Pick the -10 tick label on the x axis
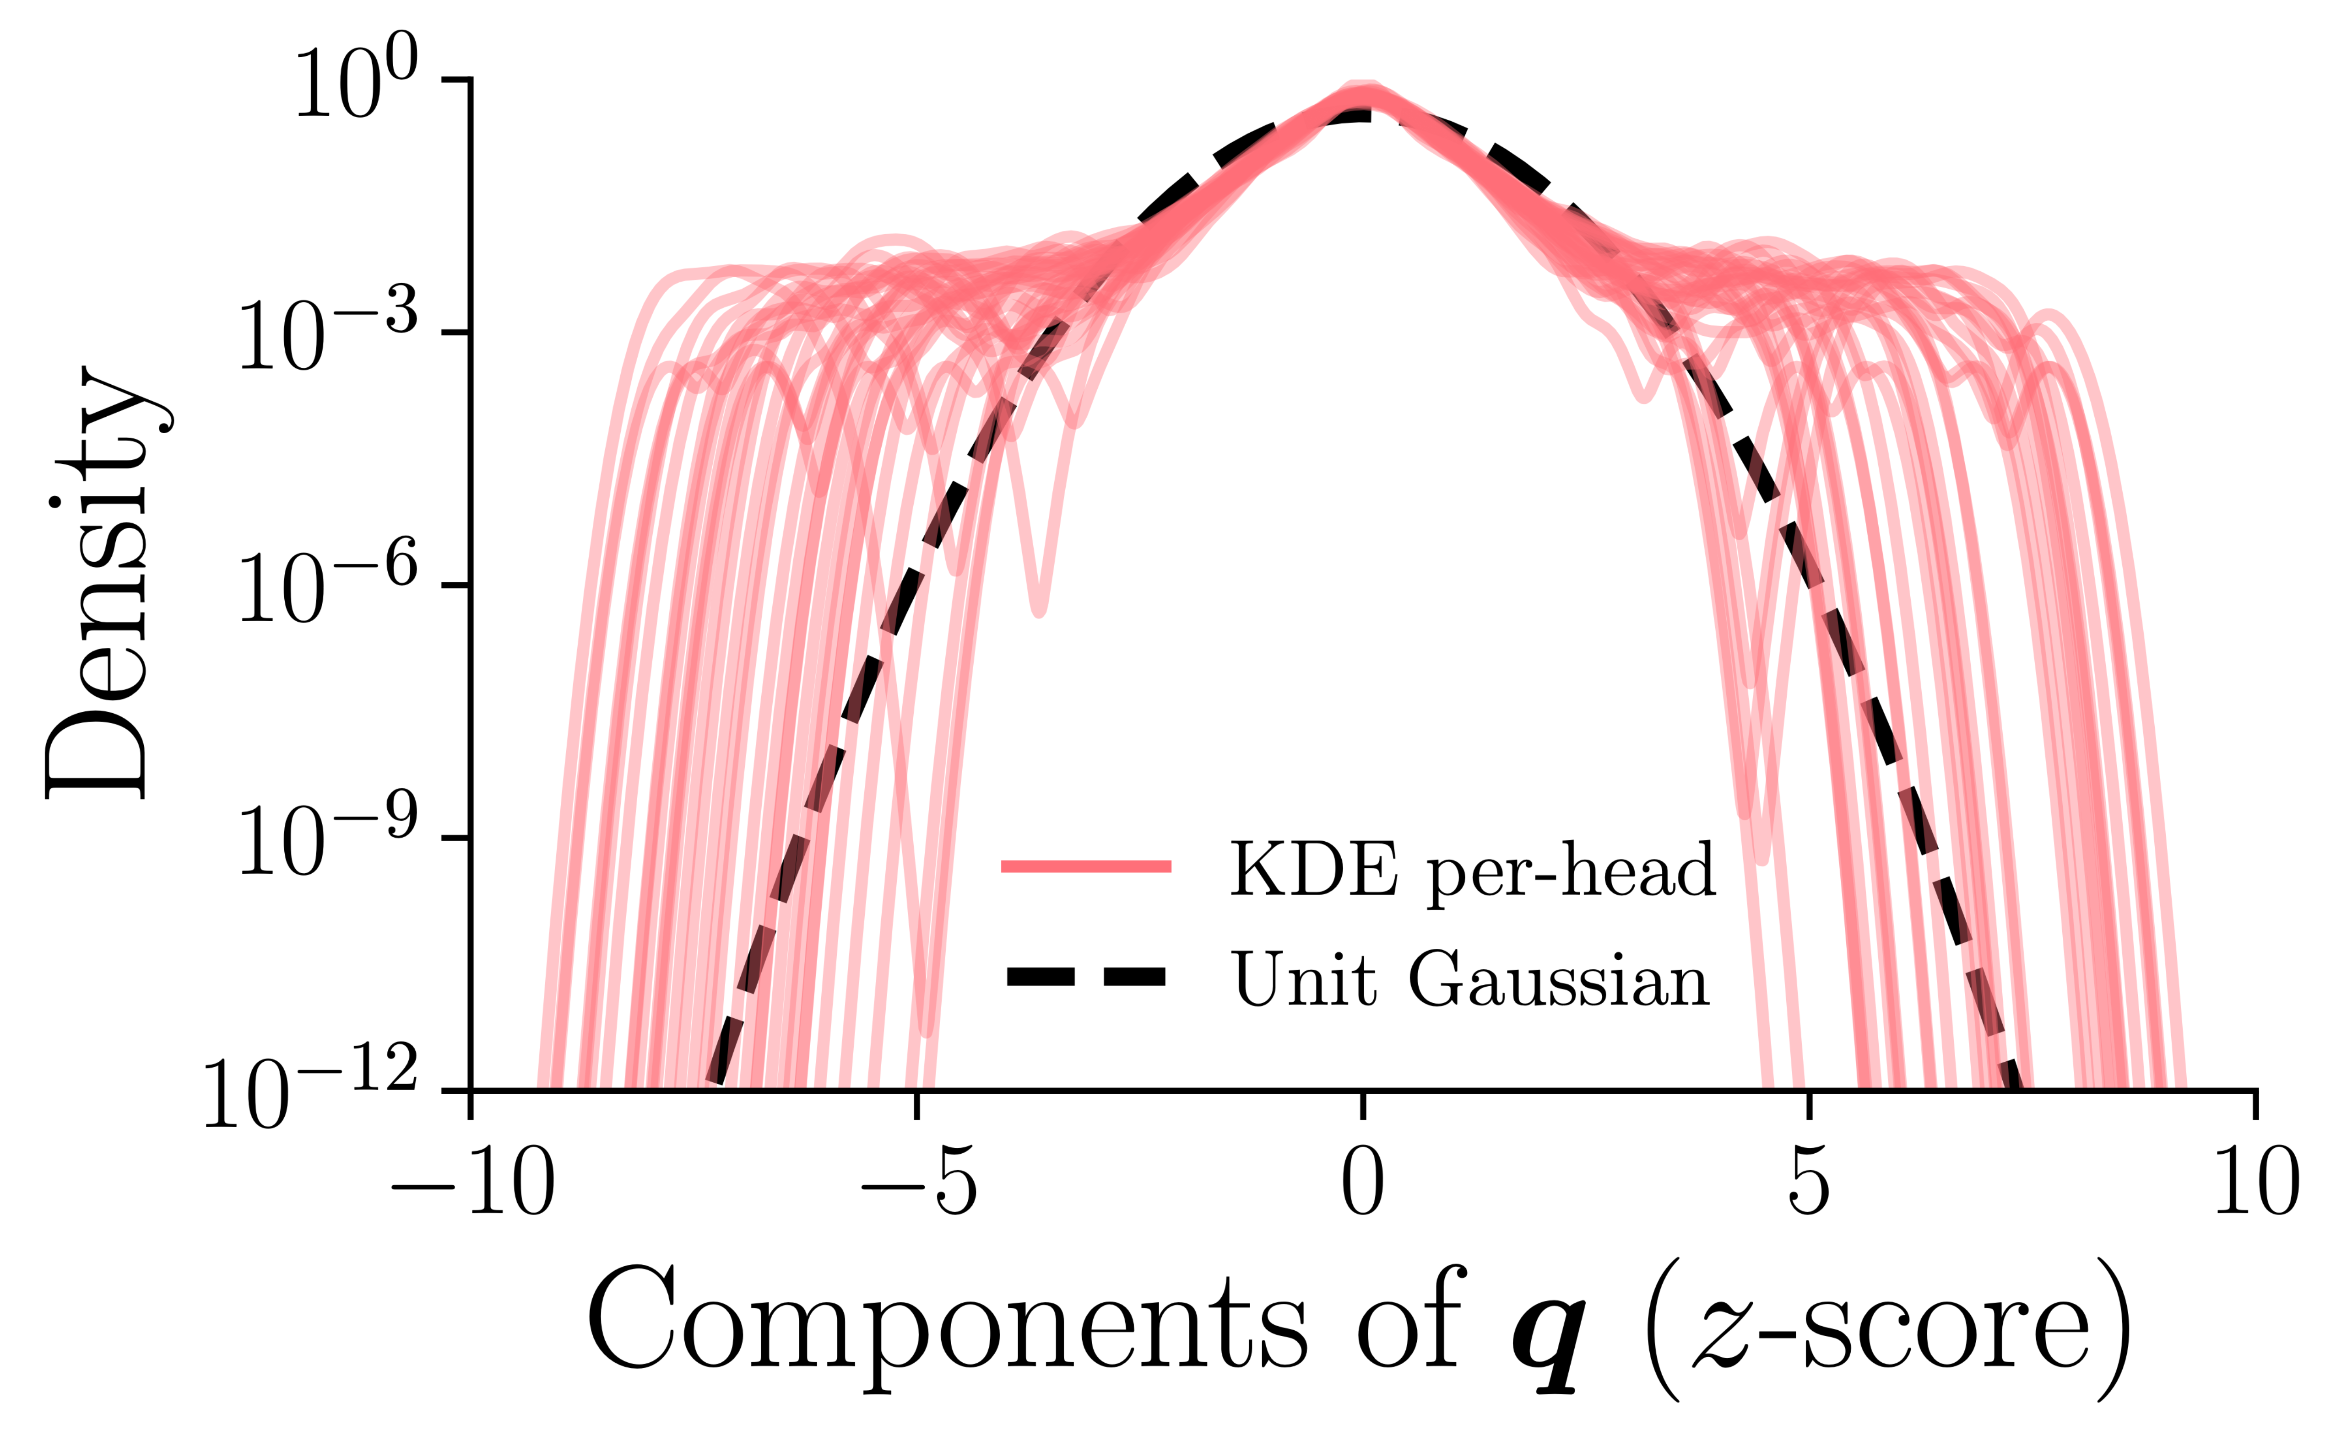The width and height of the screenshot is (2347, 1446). tap(472, 1182)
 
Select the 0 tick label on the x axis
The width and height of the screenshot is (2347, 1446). tap(1362, 1182)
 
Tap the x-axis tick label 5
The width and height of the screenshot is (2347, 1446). tap(1808, 1182)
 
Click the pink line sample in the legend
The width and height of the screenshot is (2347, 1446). tap(1086, 866)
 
